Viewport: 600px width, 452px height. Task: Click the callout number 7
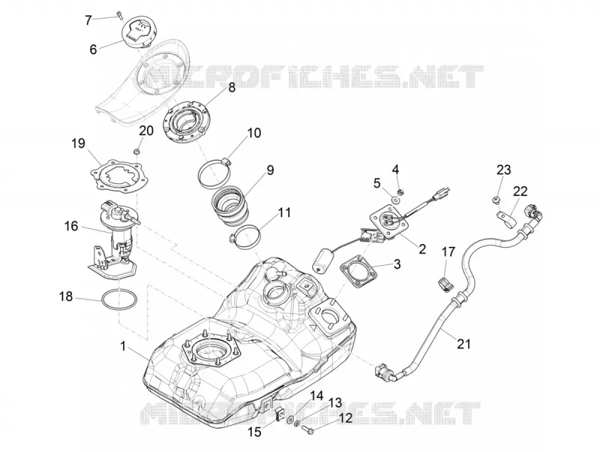(x=88, y=20)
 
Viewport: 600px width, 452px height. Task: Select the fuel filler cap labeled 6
(x=138, y=31)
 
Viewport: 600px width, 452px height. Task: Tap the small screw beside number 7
(x=119, y=15)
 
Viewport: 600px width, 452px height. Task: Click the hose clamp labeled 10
(x=215, y=173)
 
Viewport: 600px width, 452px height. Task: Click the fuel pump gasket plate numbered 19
(x=116, y=179)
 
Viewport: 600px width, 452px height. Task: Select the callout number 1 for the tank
(x=123, y=347)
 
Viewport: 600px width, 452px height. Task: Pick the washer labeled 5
(x=395, y=199)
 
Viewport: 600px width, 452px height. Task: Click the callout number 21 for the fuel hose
(x=463, y=344)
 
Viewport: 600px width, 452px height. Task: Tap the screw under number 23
(x=495, y=200)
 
